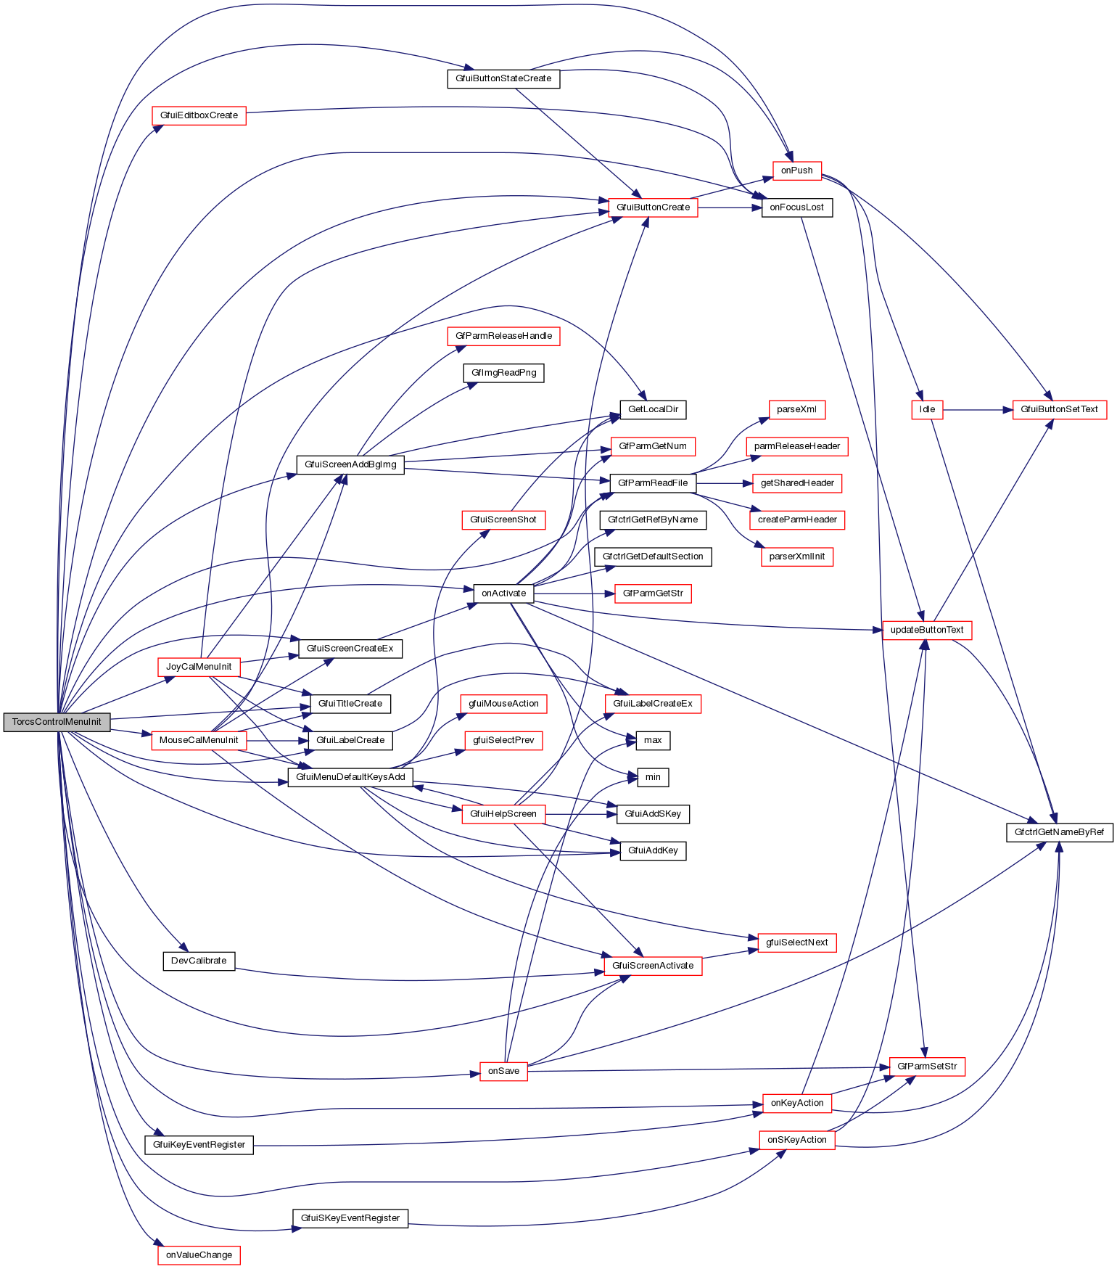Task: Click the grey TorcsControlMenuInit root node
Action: click(57, 722)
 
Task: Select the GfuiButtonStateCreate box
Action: click(503, 78)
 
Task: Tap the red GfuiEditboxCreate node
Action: click(199, 115)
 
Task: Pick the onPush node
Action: click(796, 171)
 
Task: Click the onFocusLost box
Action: click(796, 208)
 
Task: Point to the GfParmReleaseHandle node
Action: click(503, 336)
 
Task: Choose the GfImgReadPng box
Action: click(503, 373)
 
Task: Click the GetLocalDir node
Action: click(653, 409)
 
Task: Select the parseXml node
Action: click(796, 409)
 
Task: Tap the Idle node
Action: click(927, 409)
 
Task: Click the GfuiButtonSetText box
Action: click(1059, 409)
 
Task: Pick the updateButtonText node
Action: click(927, 630)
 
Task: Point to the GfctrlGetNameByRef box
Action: click(1059, 832)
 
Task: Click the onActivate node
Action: click(503, 594)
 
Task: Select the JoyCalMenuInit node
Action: click(199, 667)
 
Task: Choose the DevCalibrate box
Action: click(199, 961)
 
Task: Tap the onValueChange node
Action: click(199, 1255)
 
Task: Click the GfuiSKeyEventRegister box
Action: click(350, 1218)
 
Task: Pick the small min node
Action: click(653, 777)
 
